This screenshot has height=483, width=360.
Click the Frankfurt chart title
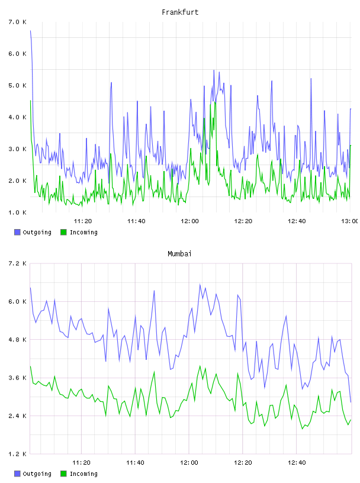180,12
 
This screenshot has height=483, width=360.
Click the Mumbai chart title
179,254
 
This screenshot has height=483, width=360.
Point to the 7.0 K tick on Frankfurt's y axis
17,22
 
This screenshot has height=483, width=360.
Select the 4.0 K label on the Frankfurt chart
17,117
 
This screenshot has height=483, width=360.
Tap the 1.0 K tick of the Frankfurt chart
17,212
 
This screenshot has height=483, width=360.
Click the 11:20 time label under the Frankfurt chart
83,221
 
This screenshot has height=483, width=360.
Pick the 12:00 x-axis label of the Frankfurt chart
189,221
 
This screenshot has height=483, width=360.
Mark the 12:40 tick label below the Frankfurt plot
297,221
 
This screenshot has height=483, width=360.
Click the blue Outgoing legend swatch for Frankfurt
17,232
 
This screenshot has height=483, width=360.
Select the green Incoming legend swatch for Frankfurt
63,232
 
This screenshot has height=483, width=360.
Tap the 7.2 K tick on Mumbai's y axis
17,263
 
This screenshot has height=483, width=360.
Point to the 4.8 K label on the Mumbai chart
17,339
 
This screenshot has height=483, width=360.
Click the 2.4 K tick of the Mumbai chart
17,416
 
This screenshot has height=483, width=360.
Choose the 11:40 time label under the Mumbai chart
135,462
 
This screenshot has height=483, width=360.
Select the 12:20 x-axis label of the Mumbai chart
243,462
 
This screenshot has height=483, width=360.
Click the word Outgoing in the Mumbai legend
37,474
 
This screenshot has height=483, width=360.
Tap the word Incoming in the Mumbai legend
83,474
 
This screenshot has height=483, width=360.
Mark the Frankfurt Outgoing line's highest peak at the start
31,31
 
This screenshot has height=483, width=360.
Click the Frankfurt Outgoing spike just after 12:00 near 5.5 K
214,70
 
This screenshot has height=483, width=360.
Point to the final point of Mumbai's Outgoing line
351,402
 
